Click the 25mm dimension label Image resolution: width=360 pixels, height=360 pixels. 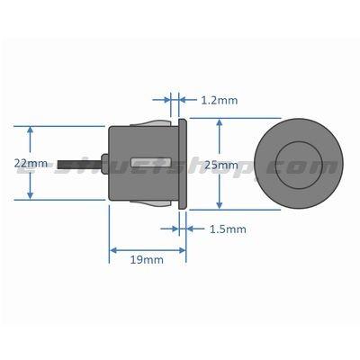tap(221, 165)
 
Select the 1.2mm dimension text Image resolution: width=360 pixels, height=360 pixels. tap(219, 100)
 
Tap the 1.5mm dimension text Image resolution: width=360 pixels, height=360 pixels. tap(227, 229)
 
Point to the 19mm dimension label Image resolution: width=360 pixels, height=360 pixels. tap(147, 260)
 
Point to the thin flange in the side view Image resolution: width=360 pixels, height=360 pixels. tap(183, 164)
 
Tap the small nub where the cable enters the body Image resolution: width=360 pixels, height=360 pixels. tap(106, 164)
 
